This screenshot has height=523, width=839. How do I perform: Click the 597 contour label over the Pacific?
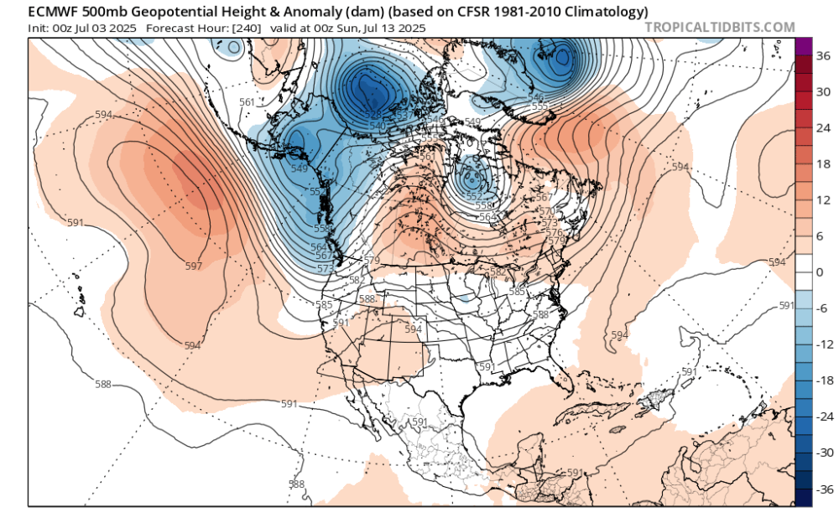194,266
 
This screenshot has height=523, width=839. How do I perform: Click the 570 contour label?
545,211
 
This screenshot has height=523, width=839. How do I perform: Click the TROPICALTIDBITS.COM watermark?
719,27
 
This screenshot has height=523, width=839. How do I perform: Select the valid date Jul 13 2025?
393,28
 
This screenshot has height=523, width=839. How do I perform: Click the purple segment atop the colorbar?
803,47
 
